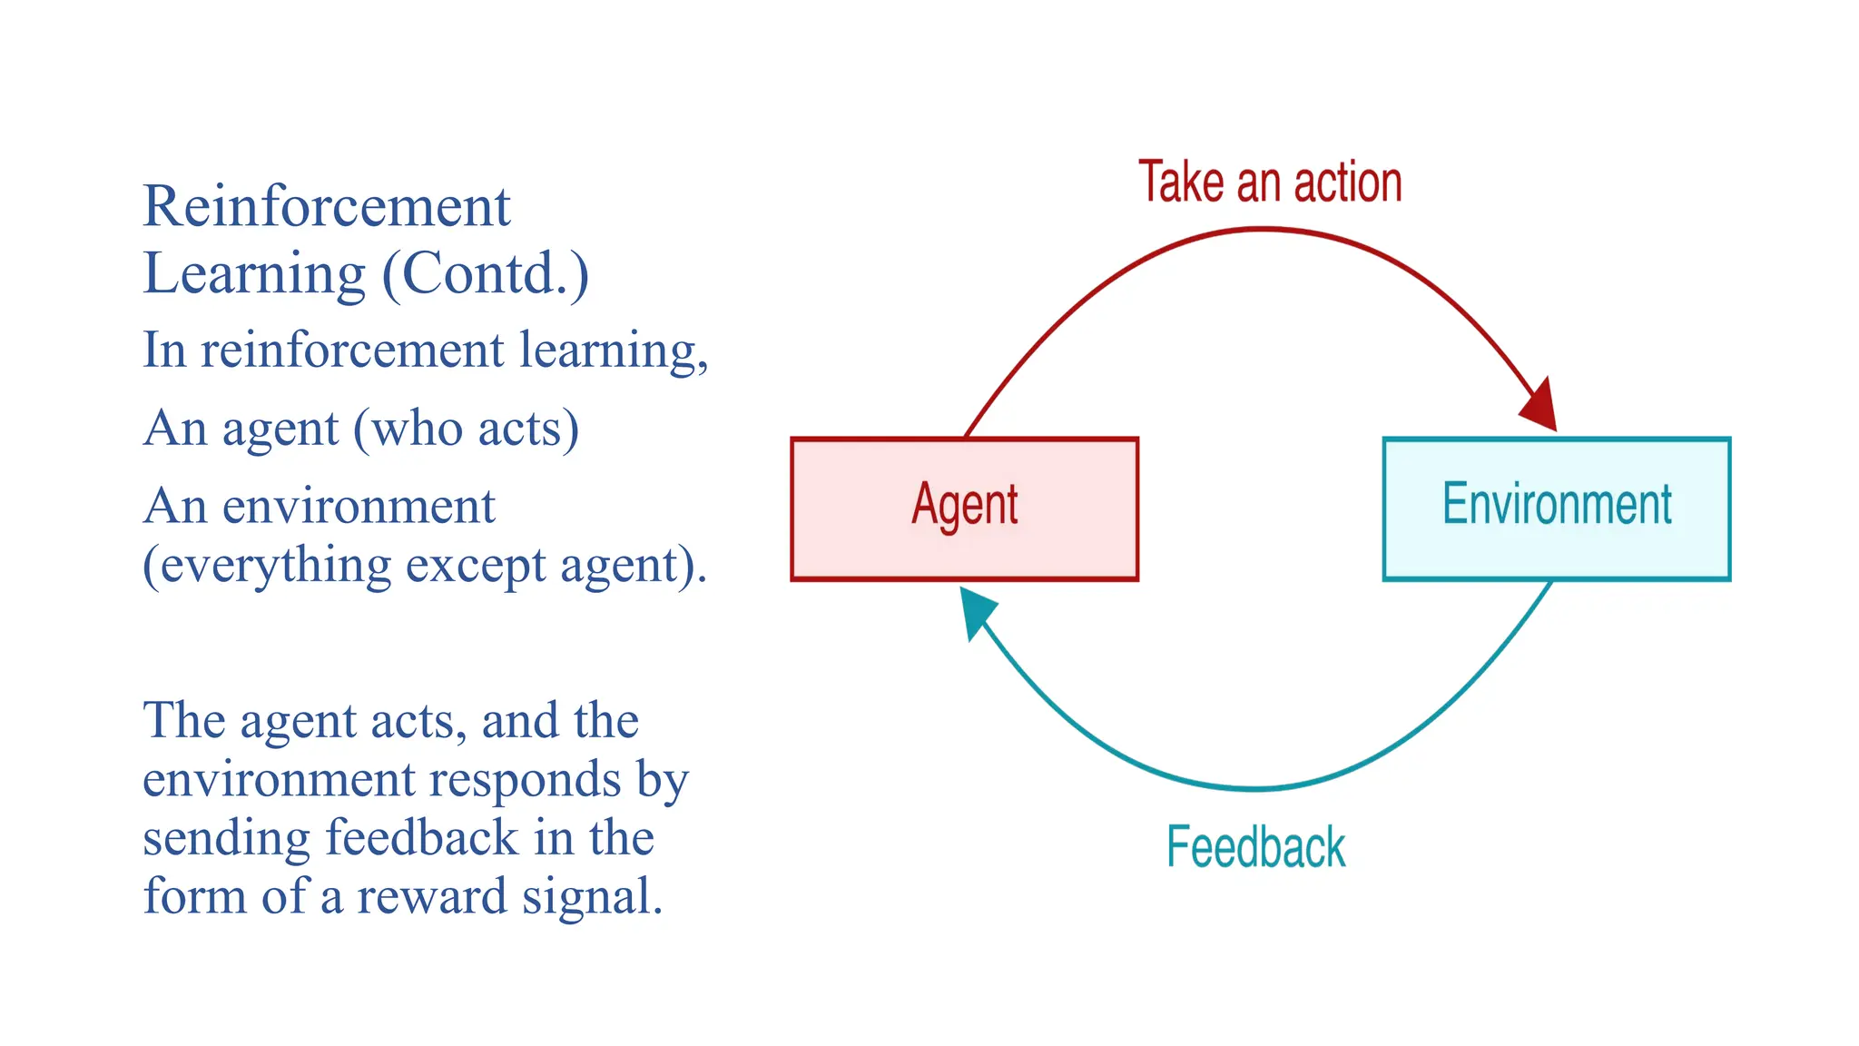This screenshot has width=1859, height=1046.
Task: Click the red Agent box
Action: coord(964,508)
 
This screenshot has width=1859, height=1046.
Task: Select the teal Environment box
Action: coord(1556,508)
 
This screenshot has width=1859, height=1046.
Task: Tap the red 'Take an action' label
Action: coord(1270,182)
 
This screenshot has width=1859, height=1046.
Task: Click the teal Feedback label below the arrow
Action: coord(1255,847)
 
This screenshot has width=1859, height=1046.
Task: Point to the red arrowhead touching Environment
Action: coord(1541,406)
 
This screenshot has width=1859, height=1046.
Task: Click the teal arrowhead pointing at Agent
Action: coord(976,610)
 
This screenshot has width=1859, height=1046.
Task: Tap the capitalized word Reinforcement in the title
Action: coord(327,206)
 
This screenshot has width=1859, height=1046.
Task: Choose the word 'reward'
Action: coord(431,896)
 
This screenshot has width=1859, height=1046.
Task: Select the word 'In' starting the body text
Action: coord(164,350)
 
